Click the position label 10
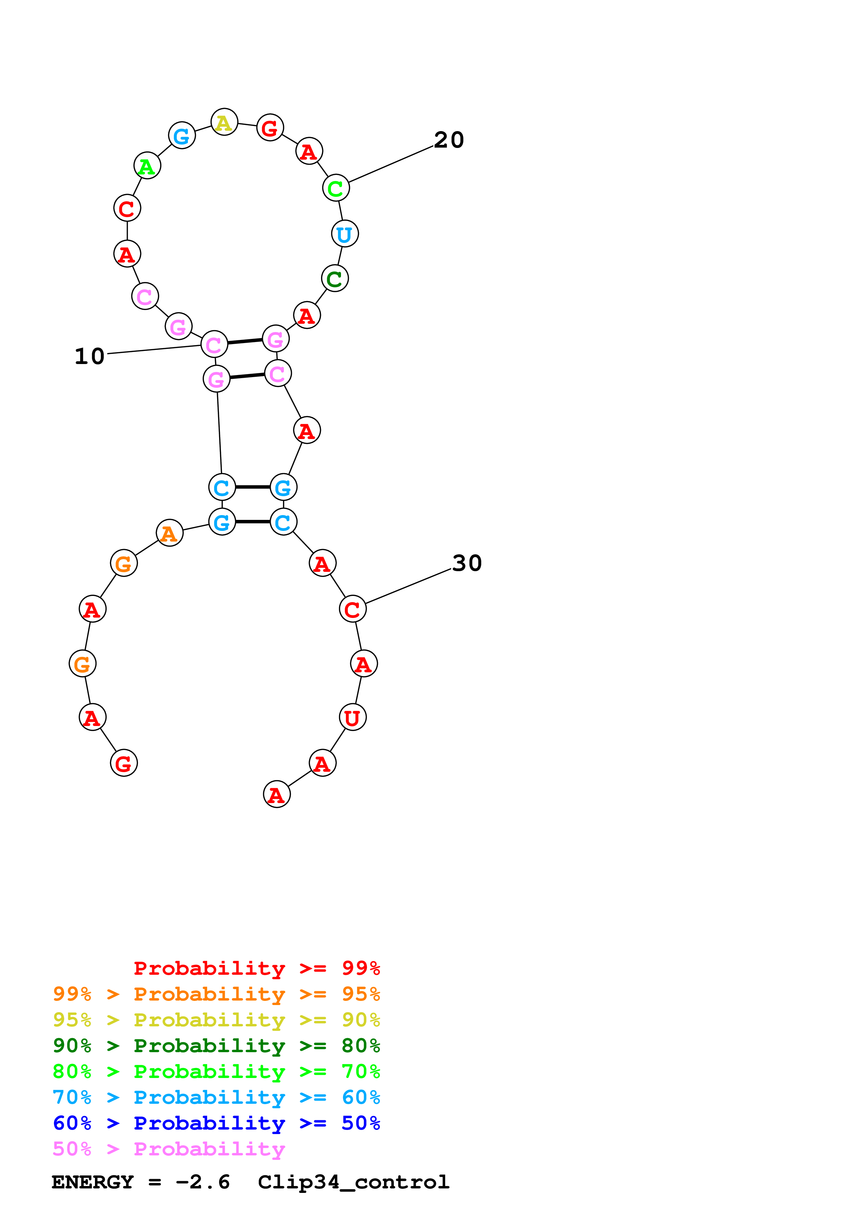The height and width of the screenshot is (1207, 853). (90, 356)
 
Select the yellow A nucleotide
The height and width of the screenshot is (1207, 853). (224, 122)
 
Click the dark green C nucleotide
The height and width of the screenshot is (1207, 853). (335, 279)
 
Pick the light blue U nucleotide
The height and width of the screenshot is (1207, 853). (345, 234)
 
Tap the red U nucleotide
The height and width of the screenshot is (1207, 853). (353, 718)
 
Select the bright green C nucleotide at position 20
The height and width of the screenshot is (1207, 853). (336, 188)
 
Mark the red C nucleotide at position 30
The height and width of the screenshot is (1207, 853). (353, 609)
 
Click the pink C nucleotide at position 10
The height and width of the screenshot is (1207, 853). (214, 345)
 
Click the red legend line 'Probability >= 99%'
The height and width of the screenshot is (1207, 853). (256, 968)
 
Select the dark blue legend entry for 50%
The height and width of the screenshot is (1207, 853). (216, 1123)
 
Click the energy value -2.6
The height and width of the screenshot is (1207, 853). (202, 1182)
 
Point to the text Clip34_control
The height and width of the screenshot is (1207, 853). (353, 1182)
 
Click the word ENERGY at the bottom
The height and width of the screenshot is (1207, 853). (93, 1182)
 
